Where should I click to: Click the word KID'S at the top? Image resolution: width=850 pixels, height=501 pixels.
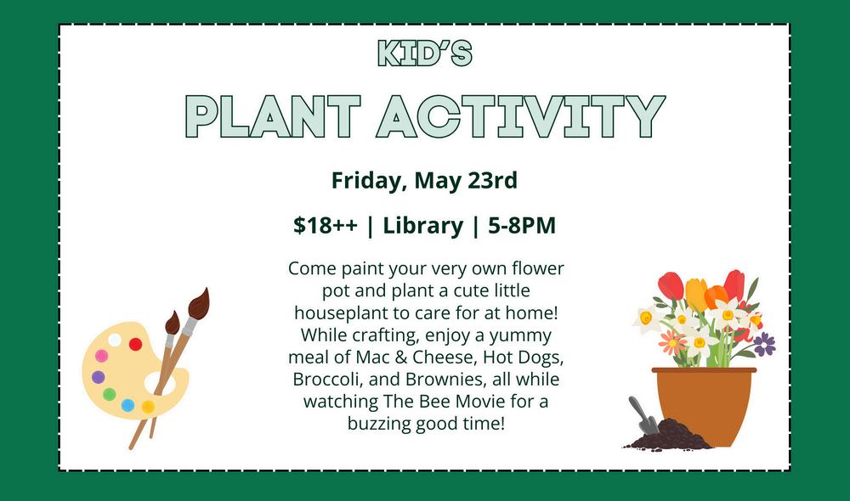pyautogui.click(x=424, y=53)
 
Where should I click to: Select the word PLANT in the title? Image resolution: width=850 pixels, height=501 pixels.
pyautogui.click(x=273, y=116)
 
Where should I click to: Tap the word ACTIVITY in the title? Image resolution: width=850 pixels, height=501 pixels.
pyautogui.click(x=520, y=116)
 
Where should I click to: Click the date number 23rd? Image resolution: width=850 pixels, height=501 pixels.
pyautogui.click(x=493, y=180)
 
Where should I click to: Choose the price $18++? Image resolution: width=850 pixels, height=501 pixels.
pyautogui.click(x=326, y=225)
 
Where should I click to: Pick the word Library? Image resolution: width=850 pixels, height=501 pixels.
pyautogui.click(x=422, y=226)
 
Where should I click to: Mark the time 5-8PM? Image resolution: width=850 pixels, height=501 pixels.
pyautogui.click(x=522, y=225)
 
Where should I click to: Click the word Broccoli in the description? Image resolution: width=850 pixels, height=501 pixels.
pyautogui.click(x=328, y=379)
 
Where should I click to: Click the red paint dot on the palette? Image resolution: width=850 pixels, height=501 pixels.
pyautogui.click(x=135, y=344)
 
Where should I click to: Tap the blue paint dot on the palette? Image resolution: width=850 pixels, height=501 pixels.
pyautogui.click(x=128, y=405)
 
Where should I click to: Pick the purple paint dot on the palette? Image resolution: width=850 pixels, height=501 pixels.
pyautogui.click(x=98, y=377)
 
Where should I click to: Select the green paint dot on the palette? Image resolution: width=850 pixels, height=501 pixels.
pyautogui.click(x=110, y=394)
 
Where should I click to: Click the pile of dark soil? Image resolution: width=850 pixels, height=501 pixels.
pyautogui.click(x=670, y=436)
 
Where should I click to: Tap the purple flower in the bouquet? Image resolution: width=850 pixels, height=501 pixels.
pyautogui.click(x=764, y=344)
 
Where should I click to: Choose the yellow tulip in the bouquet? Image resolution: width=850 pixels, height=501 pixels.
pyautogui.click(x=697, y=294)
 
